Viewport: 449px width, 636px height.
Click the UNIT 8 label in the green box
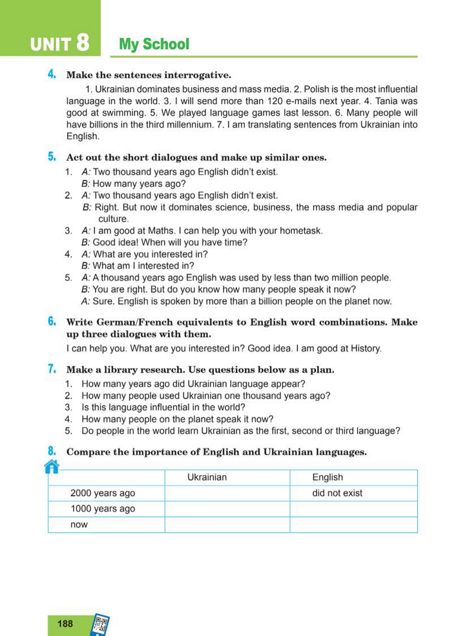pyautogui.click(x=59, y=44)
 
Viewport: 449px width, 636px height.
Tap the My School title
pyautogui.click(x=154, y=44)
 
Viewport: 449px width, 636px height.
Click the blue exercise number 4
pyautogui.click(x=51, y=74)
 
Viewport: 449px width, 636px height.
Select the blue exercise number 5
pyautogui.click(x=51, y=157)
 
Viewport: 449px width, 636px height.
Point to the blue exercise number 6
pyautogui.click(x=51, y=322)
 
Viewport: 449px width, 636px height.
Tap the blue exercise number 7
pyautogui.click(x=51, y=369)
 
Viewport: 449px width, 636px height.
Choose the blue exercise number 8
pyautogui.click(x=51, y=452)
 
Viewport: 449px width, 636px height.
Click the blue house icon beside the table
pyautogui.click(x=51, y=466)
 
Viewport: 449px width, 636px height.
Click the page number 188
pyautogui.click(x=65, y=624)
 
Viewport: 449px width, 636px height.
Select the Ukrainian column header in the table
pyautogui.click(x=207, y=477)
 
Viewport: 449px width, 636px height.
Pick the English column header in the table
pyautogui.click(x=328, y=477)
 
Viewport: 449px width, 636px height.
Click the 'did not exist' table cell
pyautogui.click(x=337, y=493)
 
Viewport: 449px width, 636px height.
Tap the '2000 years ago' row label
pyautogui.click(x=103, y=493)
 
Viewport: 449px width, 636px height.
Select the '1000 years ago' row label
pyautogui.click(x=103, y=509)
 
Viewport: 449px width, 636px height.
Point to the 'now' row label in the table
pyautogui.click(x=79, y=525)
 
